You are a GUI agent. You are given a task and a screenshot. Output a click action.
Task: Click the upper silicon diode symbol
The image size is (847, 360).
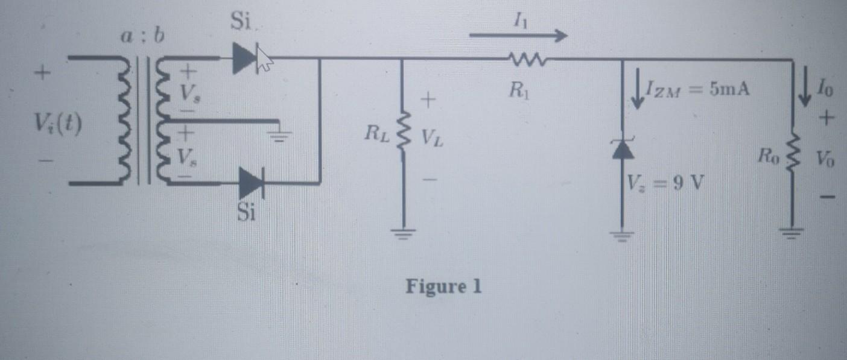[x=246, y=58]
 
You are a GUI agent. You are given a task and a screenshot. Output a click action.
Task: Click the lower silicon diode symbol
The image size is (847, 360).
[x=251, y=182]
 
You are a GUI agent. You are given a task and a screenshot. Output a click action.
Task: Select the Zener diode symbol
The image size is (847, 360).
[x=622, y=149]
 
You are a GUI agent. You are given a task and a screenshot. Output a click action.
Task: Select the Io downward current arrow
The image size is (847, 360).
[x=805, y=90]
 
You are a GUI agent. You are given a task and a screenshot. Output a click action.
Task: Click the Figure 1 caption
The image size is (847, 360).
[x=443, y=286]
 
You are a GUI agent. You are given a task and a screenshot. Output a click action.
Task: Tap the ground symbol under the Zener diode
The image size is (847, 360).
[x=622, y=235]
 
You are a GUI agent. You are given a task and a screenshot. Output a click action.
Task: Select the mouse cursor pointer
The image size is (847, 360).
[x=264, y=59]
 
